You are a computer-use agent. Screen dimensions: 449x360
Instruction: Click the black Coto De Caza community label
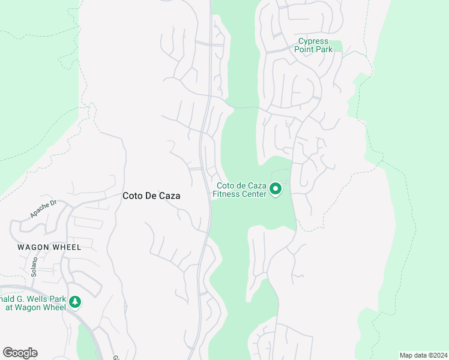(151, 196)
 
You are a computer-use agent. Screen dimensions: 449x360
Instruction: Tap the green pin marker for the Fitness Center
(276, 189)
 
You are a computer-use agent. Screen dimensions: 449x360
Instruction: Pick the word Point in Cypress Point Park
(304, 49)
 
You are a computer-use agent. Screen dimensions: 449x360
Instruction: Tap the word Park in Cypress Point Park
(324, 49)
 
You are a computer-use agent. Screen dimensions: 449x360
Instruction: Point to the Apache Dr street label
(43, 208)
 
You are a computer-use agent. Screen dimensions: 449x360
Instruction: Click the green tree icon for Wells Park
(75, 302)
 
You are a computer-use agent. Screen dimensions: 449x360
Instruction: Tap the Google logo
(20, 352)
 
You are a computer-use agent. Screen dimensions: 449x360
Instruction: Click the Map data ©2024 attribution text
(423, 355)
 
